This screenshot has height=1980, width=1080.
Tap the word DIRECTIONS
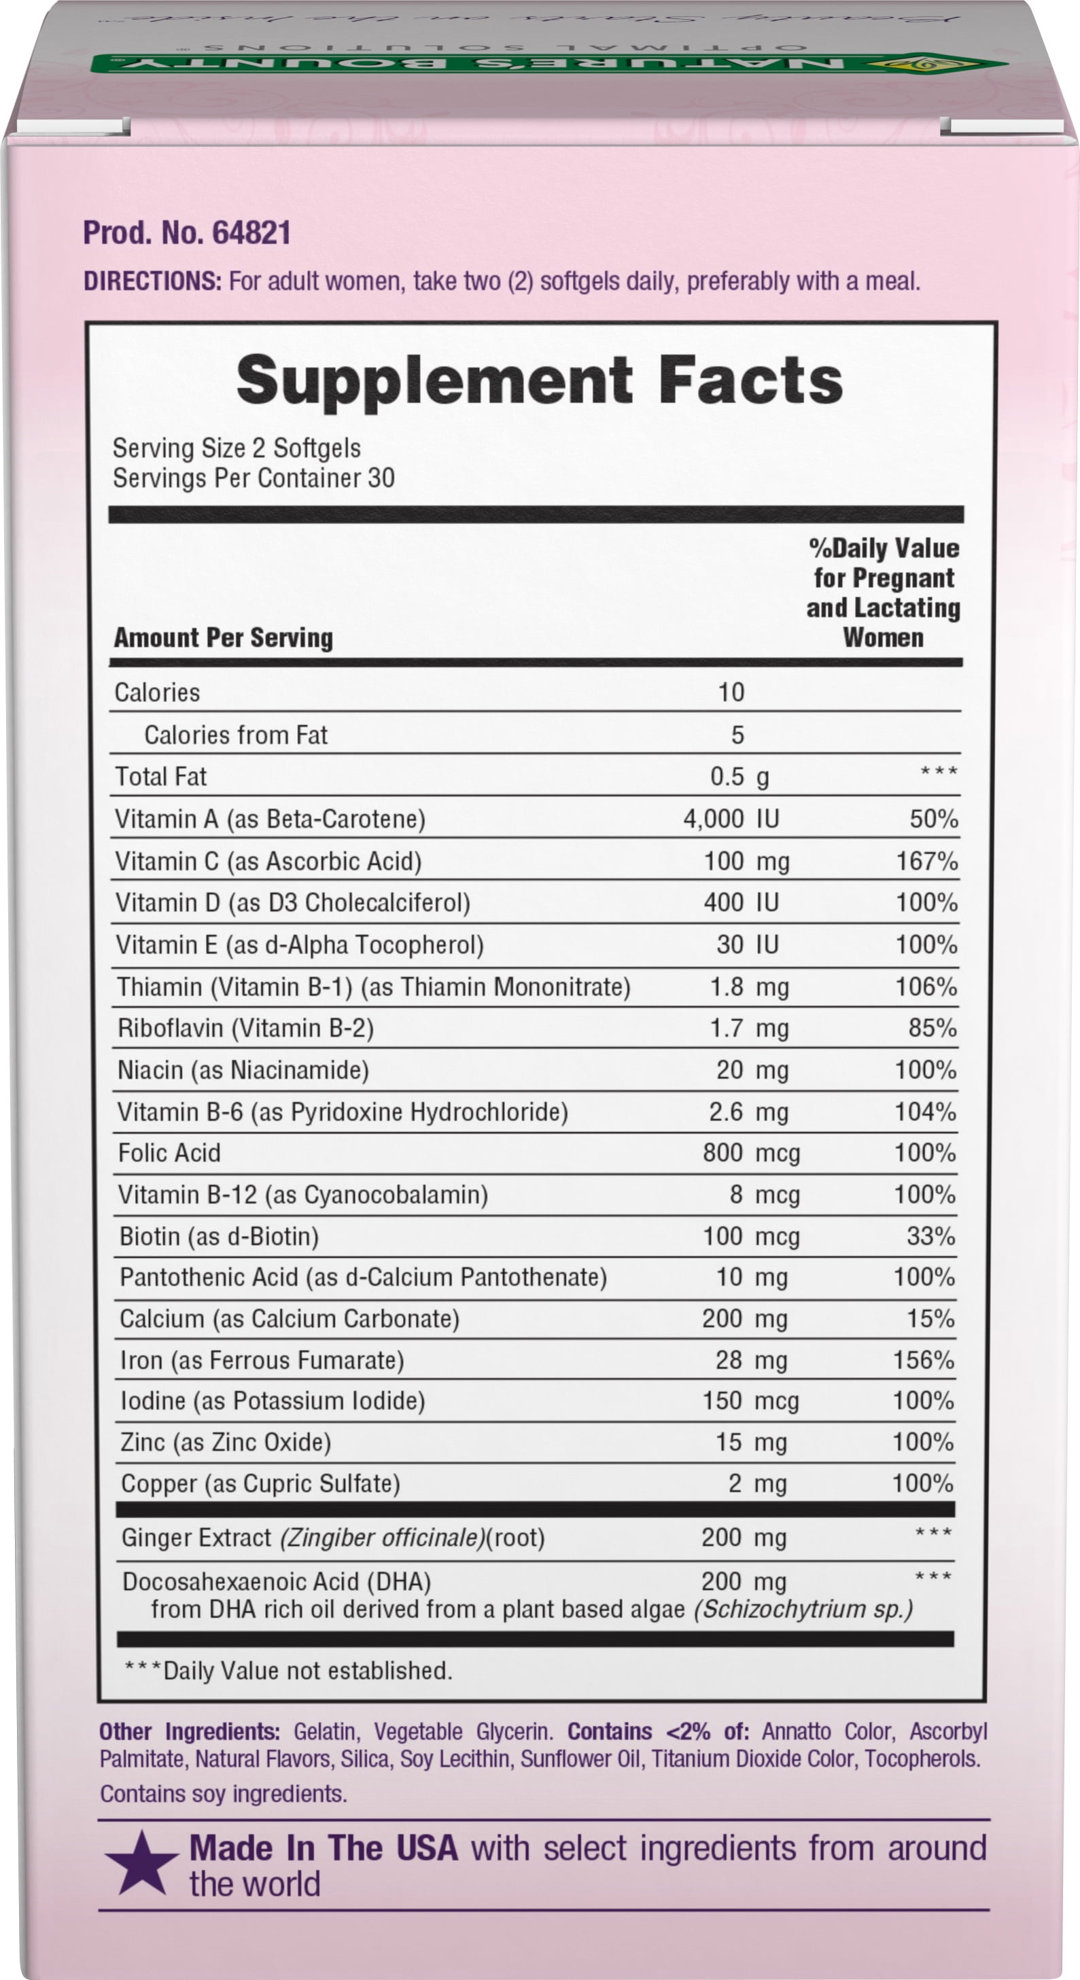pos(152,281)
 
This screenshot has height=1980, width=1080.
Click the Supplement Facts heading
pos(540,381)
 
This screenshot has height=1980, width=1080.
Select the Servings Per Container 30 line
pos(254,478)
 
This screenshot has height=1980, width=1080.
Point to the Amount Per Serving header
pos(224,637)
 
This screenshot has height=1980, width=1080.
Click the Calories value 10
pos(730,692)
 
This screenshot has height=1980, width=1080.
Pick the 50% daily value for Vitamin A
pos(933,819)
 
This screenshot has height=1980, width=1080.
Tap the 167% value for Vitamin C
pos(927,861)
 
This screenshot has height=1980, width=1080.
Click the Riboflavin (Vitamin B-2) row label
pos(245,1029)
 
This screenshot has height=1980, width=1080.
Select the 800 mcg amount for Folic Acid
pos(750,1153)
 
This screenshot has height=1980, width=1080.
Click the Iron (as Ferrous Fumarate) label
pos(262,1360)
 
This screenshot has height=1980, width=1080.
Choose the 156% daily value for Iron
pos(923,1360)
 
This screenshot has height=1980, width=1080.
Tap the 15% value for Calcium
pos(930,1319)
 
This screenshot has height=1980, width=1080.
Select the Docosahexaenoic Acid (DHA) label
pos(277,1581)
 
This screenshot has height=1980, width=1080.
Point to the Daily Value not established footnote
pos(289,1670)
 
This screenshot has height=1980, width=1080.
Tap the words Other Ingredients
pos(189,1732)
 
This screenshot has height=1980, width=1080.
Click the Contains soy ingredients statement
pos(223,1794)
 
